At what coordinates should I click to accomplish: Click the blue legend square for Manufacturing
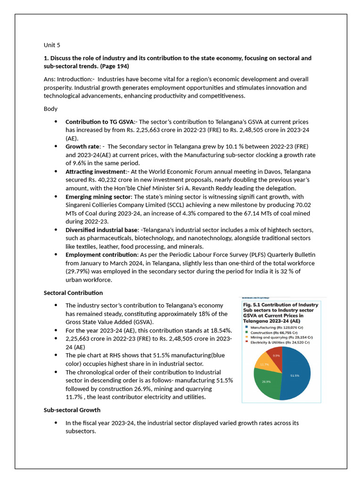(x=246, y=327)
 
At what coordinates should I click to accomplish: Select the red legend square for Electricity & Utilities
(x=246, y=342)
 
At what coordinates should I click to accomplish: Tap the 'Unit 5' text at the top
(x=52, y=45)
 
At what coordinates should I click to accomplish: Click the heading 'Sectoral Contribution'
(x=73, y=293)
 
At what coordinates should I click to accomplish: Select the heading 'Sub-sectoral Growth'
(x=72, y=410)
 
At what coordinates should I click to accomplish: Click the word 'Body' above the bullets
(x=50, y=108)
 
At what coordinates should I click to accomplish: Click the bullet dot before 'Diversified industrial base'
(x=56, y=230)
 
